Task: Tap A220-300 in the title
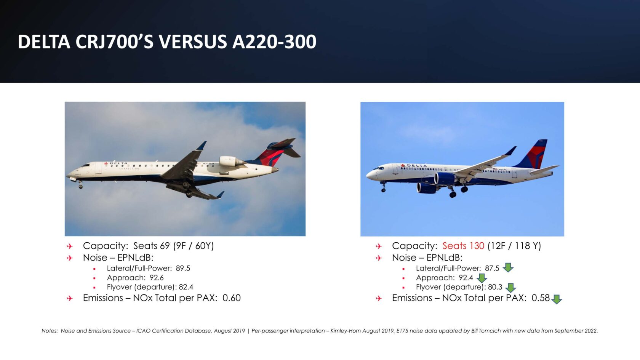(274, 42)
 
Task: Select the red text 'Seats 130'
(463, 246)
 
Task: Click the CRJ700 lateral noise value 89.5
(183, 268)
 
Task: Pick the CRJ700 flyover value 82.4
(186, 287)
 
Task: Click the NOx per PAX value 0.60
(232, 298)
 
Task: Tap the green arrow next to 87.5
(508, 267)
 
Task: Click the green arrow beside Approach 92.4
(482, 278)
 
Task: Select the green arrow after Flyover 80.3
(510, 288)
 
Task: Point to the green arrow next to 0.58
(557, 299)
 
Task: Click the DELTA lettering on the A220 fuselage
(416, 166)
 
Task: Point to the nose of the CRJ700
(69, 176)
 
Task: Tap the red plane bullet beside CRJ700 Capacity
(70, 246)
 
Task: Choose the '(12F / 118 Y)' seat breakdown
(514, 246)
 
